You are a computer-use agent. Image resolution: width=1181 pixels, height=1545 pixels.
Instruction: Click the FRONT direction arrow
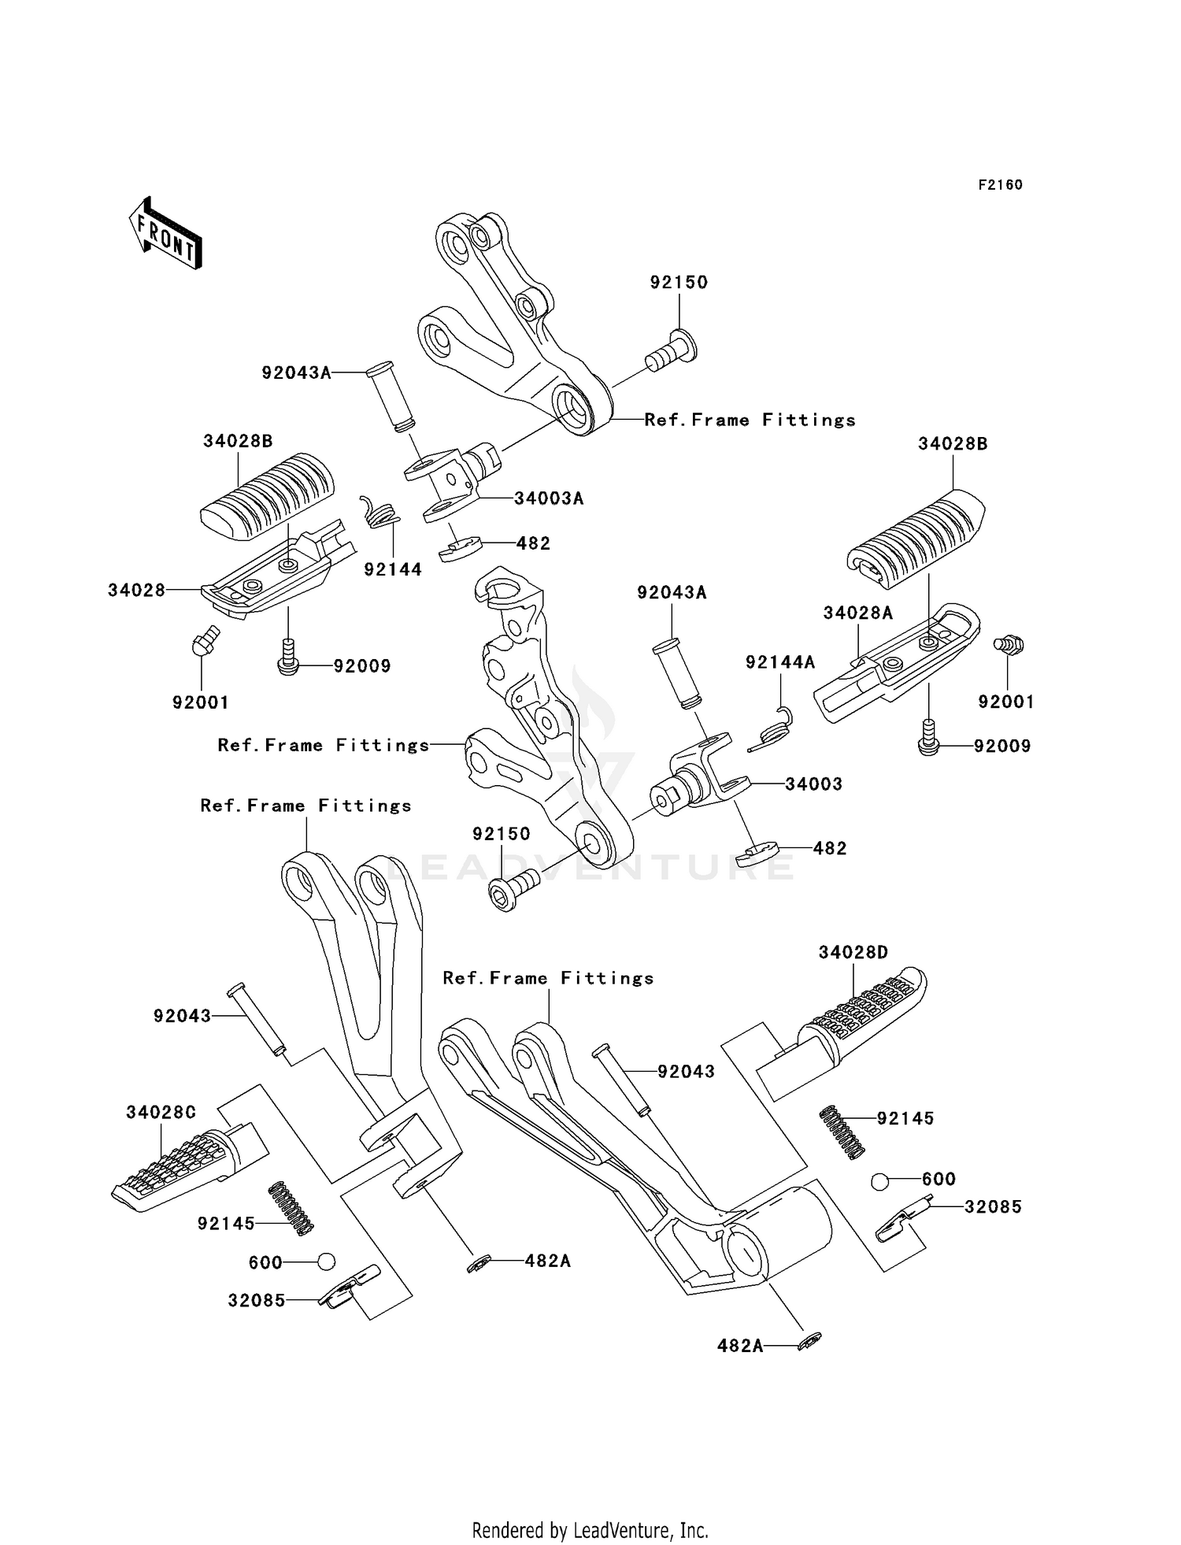pyautogui.click(x=165, y=234)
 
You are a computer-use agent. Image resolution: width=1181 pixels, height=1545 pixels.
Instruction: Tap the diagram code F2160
pyautogui.click(x=1000, y=185)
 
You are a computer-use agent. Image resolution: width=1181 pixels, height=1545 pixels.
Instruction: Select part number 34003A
pyautogui.click(x=549, y=498)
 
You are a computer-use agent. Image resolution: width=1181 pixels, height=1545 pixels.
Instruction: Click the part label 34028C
pyautogui.click(x=161, y=1113)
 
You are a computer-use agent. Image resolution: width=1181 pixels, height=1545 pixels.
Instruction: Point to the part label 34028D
pyautogui.click(x=853, y=953)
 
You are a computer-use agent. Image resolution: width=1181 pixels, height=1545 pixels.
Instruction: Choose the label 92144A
pyautogui.click(x=780, y=663)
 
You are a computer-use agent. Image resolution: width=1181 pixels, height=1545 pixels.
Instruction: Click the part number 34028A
pyautogui.click(x=858, y=613)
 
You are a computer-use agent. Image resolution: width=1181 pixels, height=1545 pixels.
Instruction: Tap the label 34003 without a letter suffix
pyautogui.click(x=813, y=784)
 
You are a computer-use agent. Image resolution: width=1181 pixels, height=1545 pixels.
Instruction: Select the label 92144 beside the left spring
pyautogui.click(x=393, y=569)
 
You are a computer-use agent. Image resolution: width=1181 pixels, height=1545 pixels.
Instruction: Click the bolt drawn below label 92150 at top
pyautogui.click(x=672, y=351)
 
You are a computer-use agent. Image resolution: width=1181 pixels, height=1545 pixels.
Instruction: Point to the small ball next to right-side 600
pyautogui.click(x=880, y=1181)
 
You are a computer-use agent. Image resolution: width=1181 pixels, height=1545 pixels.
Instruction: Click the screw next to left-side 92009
pyautogui.click(x=289, y=656)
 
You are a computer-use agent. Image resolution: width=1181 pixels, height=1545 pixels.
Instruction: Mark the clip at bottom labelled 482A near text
pyautogui.click(x=809, y=1342)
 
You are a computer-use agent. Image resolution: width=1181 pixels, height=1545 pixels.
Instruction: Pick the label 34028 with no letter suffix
pyautogui.click(x=136, y=590)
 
